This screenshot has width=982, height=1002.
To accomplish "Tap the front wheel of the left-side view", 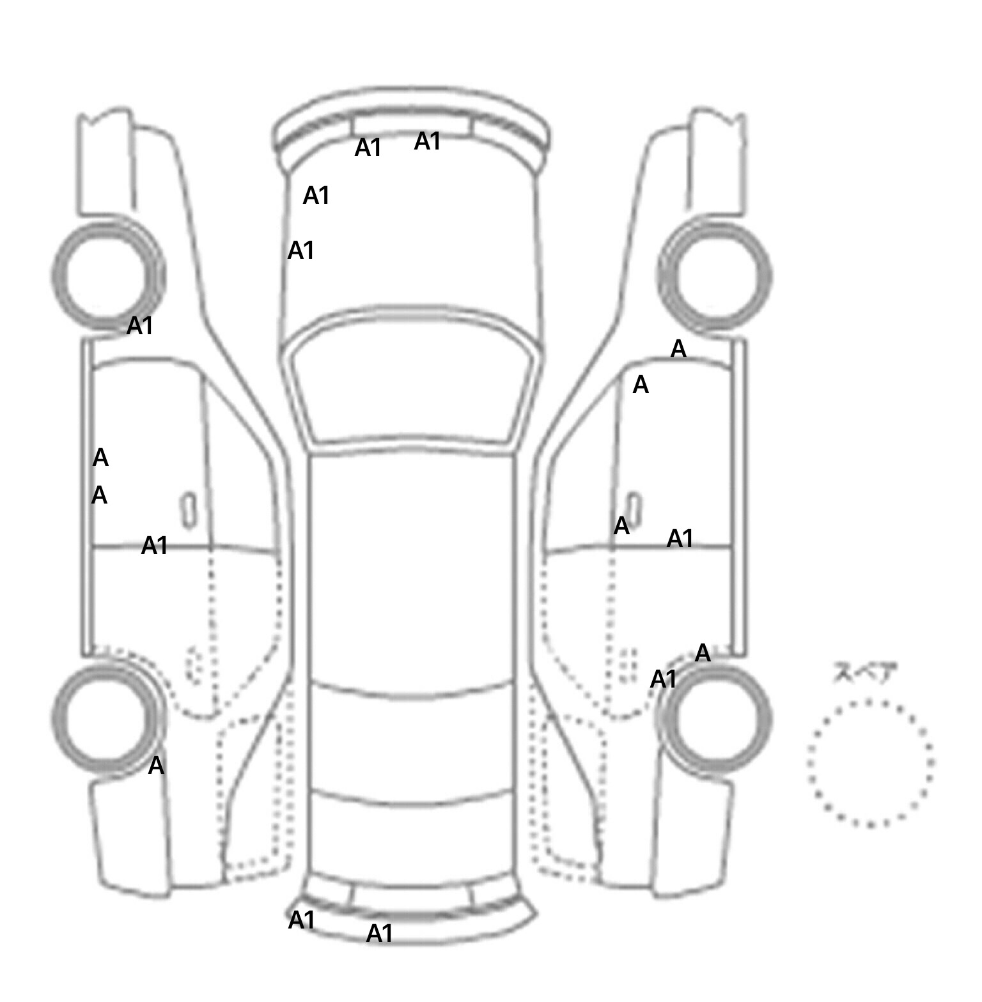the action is coord(107,276).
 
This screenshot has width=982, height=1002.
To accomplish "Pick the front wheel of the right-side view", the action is coord(714,276).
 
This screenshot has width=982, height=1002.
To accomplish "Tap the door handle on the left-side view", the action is coord(189,511).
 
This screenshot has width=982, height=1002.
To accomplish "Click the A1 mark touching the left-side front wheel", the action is coord(140,326).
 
